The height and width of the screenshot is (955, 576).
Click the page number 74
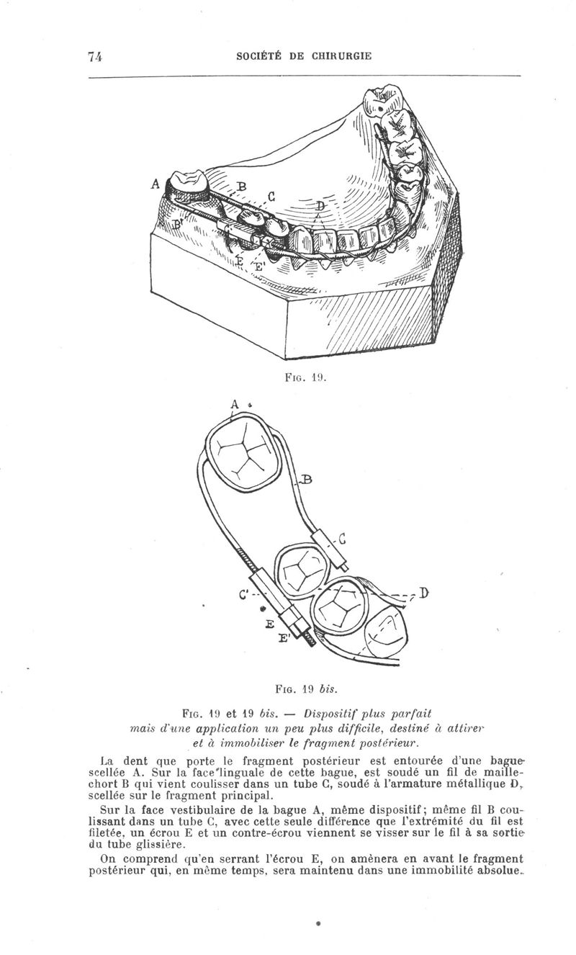point(95,56)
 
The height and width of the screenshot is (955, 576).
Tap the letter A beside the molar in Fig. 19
point(156,184)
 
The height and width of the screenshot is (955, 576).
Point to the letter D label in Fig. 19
point(320,207)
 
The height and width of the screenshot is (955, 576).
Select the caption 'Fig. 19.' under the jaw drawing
point(305,377)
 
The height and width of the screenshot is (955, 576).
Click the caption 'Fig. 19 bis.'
point(307,688)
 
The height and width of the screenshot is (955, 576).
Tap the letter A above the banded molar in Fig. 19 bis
point(235,404)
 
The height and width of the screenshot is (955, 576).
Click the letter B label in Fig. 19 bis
point(307,480)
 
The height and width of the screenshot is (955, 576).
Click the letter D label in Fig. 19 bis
point(423,593)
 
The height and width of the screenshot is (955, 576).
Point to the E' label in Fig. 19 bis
point(283,639)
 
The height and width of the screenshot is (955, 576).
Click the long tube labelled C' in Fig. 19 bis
point(271,592)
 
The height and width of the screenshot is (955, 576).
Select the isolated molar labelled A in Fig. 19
point(189,186)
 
